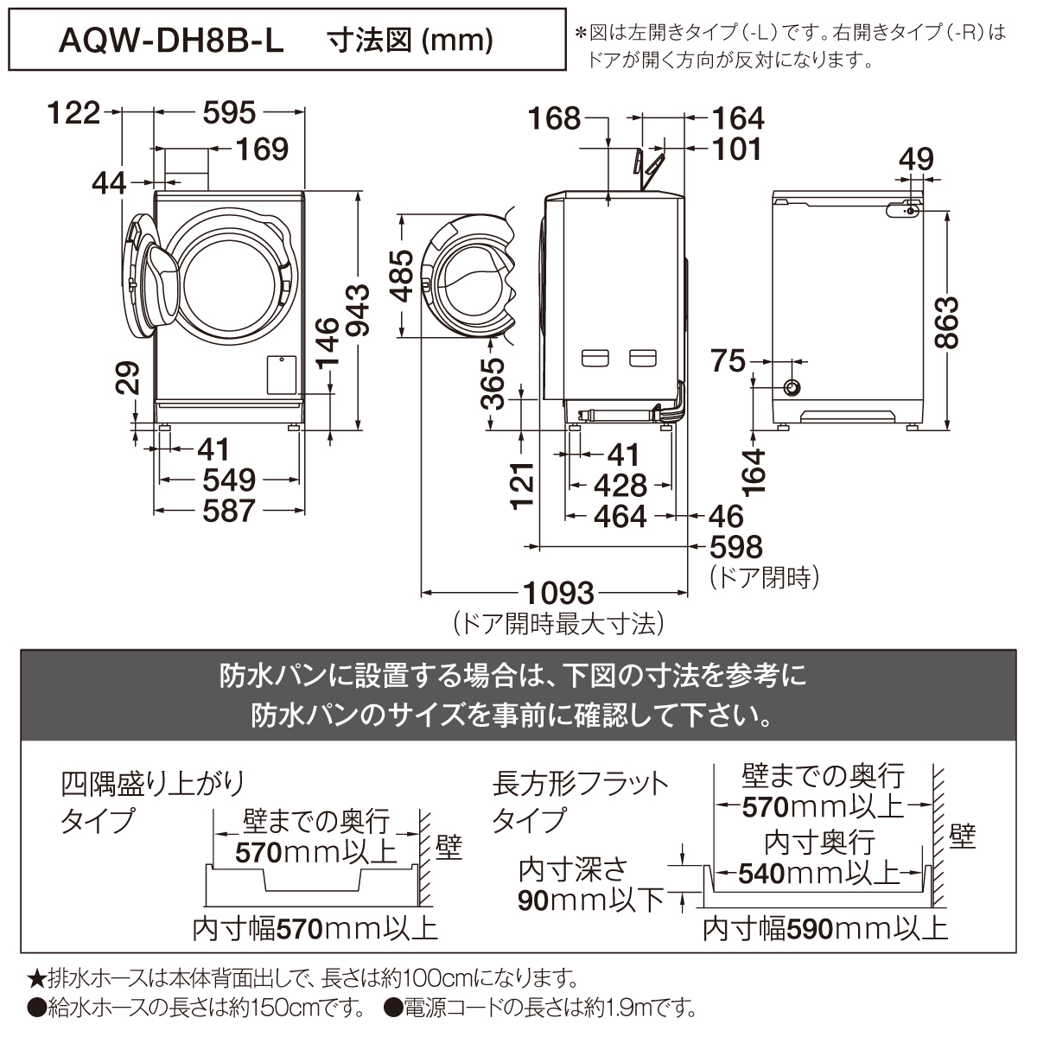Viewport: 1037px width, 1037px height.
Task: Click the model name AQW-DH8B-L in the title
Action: tap(170, 41)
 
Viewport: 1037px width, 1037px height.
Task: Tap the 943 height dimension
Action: tap(357, 311)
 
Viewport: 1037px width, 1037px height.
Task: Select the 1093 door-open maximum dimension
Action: tap(558, 593)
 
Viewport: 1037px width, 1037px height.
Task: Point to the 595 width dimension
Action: tap(229, 113)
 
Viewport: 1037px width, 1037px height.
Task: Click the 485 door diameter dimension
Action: tap(402, 276)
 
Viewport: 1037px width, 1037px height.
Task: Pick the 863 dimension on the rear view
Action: tap(946, 322)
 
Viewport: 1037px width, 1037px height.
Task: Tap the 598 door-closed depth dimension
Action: tap(736, 547)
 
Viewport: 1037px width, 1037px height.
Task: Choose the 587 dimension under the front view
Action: tap(229, 511)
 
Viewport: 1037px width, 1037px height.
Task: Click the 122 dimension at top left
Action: tap(73, 113)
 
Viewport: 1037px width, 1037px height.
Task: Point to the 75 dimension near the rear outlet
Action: tap(728, 361)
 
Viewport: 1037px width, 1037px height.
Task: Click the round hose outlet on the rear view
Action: tap(792, 387)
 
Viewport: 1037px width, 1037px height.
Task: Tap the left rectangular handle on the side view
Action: tap(595, 358)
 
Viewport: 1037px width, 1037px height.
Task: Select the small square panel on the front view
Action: tap(282, 374)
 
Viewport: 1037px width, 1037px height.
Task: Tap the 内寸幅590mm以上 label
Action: tap(824, 929)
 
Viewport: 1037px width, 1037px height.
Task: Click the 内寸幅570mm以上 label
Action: tap(315, 929)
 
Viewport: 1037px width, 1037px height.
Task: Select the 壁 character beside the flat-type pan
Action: tap(962, 837)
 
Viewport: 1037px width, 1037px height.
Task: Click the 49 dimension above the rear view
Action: tap(916, 159)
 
